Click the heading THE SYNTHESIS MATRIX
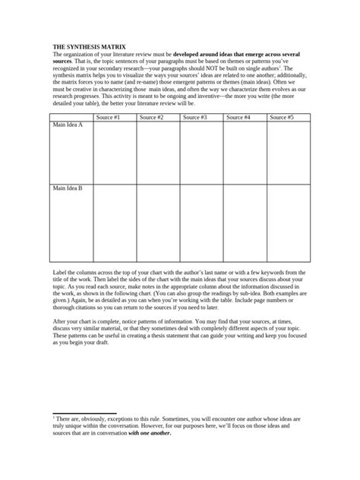click(84, 47)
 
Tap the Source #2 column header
click(157, 118)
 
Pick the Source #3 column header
click(201, 118)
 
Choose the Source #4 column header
click(244, 118)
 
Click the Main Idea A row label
click(68, 125)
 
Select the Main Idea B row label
click(68, 188)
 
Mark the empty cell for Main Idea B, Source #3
click(201, 224)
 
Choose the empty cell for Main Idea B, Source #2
click(157, 224)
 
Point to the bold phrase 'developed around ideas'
click(207, 55)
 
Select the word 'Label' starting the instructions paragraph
click(59, 271)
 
